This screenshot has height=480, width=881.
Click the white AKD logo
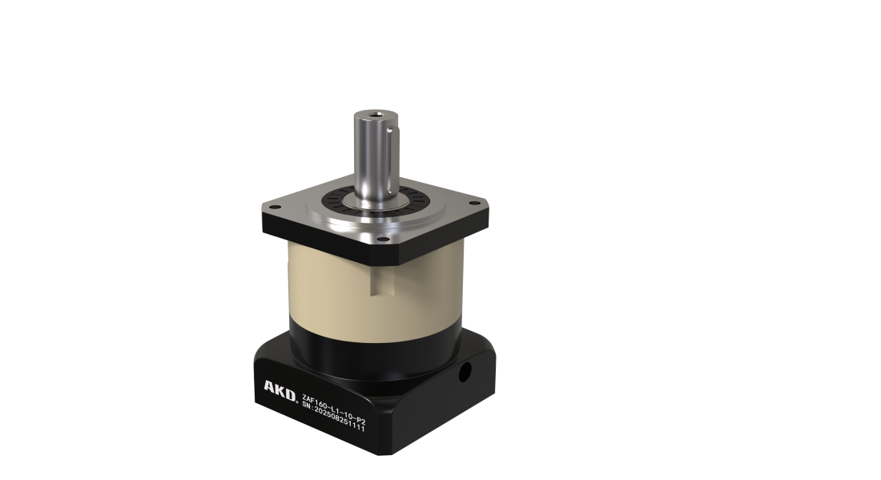point(280,391)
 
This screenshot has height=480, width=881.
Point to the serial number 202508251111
point(339,419)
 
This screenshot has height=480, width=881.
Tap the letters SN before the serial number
point(306,404)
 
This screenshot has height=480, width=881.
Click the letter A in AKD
point(270,387)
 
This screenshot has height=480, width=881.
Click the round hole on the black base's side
point(465,372)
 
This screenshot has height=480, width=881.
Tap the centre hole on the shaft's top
point(375,115)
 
